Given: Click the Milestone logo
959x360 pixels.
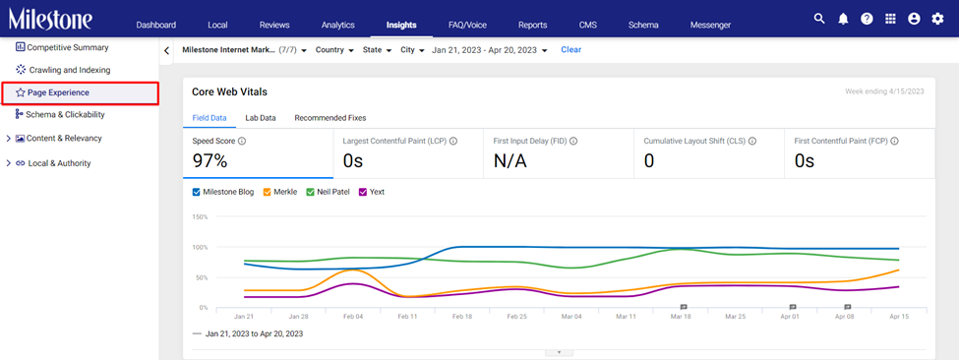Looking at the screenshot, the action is pos(50,19).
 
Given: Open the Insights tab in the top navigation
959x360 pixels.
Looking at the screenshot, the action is pos(401,25).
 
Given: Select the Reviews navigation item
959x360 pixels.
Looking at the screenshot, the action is pos(274,25).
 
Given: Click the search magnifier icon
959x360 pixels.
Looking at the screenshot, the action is pos(819,19).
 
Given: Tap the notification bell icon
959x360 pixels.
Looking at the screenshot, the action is pos(843,19).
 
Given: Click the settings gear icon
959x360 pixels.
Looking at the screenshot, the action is pos(937,19).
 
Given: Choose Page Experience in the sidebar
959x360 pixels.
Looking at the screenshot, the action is pos(58,92).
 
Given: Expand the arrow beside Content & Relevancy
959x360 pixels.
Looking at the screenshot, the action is pos(8,139).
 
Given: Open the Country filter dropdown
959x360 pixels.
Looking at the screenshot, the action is pos(334,50).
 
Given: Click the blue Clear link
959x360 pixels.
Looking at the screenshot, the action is pos(571,49).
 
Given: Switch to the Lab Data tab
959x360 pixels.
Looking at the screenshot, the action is pos(261,118).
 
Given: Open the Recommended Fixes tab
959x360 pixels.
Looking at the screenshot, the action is pos(330,118).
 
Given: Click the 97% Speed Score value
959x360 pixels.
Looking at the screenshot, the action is pos(210,161).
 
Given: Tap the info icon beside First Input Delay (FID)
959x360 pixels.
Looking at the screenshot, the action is pos(573,142).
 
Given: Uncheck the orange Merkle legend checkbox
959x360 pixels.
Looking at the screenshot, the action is pos(268,192).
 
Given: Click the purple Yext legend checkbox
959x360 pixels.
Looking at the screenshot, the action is pos(363,192).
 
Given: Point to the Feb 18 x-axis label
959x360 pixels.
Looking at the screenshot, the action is pos(461,318).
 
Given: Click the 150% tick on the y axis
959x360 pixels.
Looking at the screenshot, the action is pos(200,216).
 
